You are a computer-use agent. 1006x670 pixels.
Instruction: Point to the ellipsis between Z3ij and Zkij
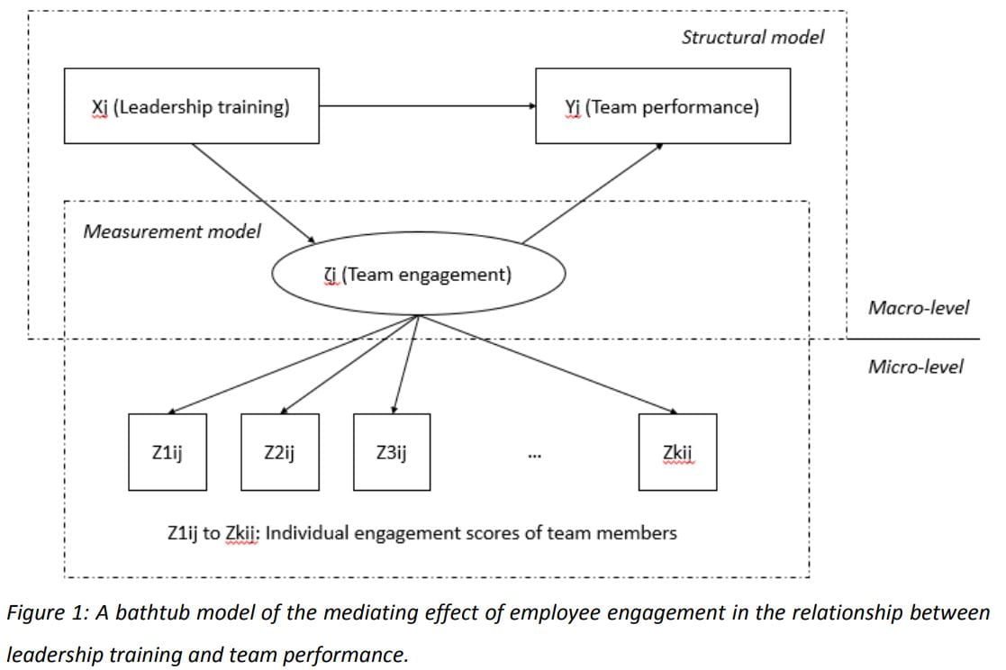534,457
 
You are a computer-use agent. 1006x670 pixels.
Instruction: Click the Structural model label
753,37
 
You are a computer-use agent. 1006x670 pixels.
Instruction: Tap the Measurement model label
172,231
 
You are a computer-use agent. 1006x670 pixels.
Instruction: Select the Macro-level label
919,308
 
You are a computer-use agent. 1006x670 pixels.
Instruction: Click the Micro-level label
916,367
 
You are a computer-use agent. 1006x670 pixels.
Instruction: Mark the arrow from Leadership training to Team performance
427,106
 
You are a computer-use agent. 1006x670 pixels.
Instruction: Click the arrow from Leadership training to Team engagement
254,194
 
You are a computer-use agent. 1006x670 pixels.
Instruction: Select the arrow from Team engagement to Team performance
593,194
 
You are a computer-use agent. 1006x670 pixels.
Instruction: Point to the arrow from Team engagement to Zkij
548,365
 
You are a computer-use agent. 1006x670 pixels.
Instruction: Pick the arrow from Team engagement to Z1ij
293,365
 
